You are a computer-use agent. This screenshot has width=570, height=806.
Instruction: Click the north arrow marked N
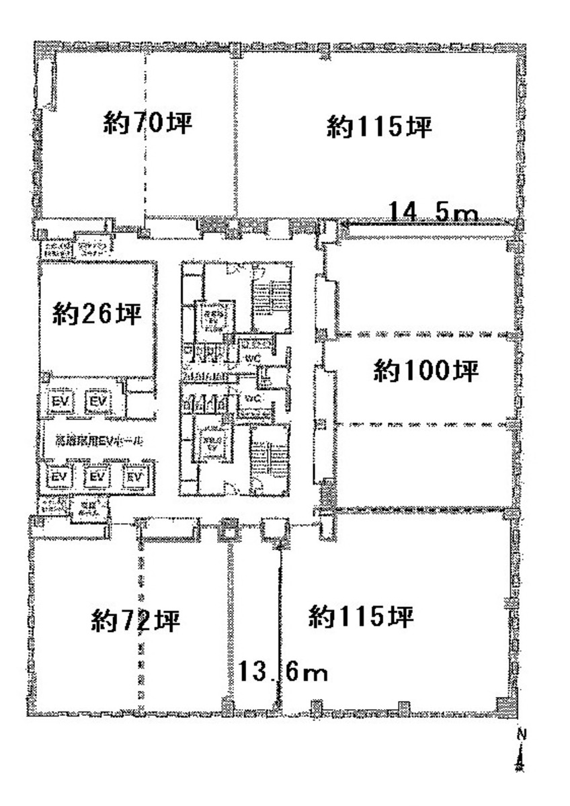[x=519, y=753]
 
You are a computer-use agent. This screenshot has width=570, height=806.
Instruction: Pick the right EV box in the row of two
[x=99, y=401]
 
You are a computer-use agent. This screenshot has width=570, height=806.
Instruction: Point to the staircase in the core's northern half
[x=271, y=300]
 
